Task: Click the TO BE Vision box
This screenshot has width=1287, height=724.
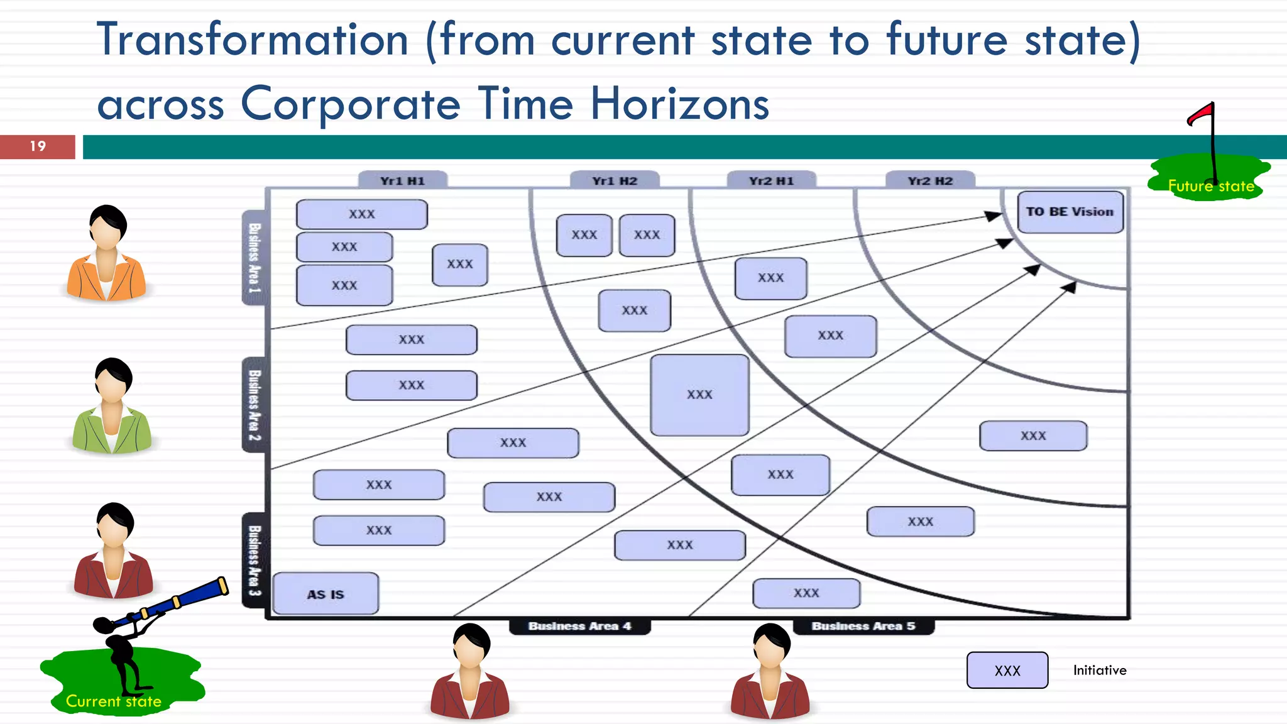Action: (1070, 212)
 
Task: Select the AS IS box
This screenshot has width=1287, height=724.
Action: (326, 594)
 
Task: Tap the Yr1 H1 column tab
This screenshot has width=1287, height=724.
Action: (403, 181)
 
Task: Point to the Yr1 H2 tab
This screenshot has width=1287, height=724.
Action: (615, 181)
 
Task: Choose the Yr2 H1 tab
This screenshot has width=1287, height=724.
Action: (771, 181)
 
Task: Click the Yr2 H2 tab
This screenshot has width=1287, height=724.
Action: (930, 181)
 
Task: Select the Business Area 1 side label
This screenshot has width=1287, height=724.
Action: (254, 258)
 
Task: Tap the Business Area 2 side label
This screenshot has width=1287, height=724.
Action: (254, 405)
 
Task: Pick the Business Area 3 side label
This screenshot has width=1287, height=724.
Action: (254, 561)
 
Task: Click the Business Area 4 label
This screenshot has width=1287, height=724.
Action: (579, 626)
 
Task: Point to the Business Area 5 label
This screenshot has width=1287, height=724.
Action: (863, 626)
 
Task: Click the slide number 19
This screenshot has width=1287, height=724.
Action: (38, 146)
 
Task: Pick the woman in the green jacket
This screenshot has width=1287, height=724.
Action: (111, 407)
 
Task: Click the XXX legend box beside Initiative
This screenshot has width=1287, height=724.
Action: (1007, 671)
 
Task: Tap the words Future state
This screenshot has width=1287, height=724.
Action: (1210, 186)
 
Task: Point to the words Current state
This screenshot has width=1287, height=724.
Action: (114, 701)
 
